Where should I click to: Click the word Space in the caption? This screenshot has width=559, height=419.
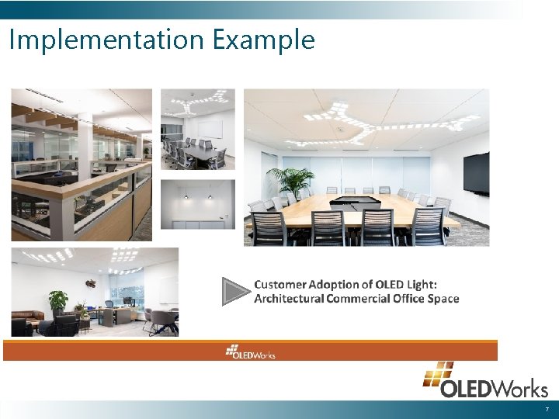[x=442, y=299]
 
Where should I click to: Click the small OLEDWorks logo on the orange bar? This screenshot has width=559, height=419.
[x=250, y=351]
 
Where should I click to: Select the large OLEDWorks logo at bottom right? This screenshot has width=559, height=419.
[x=485, y=381]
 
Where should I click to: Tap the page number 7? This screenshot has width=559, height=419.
[x=547, y=409]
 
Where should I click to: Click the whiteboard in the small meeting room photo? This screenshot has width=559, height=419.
[x=210, y=129]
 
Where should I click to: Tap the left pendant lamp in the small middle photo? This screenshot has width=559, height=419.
[x=186, y=197]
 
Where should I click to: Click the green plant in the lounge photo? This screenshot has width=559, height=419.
[x=57, y=300]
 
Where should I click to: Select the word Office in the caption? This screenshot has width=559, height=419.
[x=401, y=299]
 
